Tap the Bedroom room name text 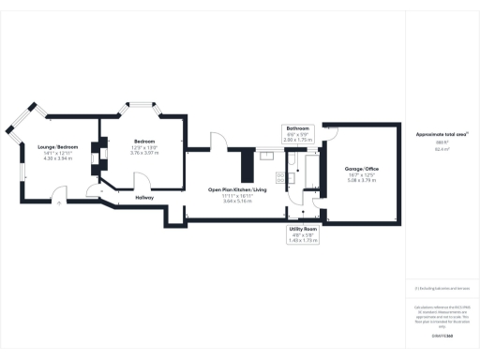point(144,141)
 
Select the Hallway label point(144,198)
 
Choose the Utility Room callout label point(303,229)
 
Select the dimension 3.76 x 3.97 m point(144,152)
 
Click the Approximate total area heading point(442,135)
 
